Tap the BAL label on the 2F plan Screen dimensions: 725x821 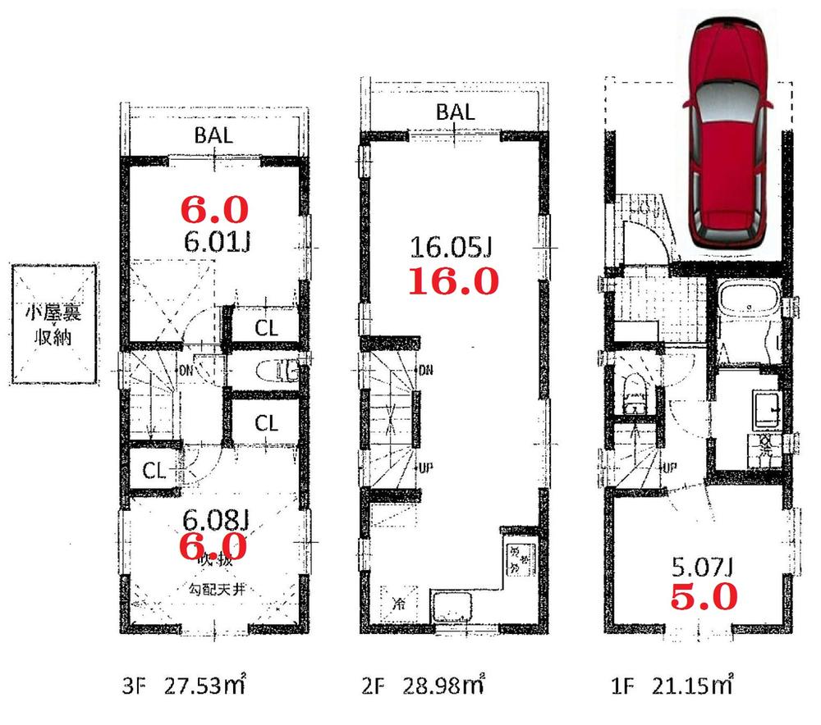tap(455, 112)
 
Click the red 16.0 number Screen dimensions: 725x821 tap(454, 282)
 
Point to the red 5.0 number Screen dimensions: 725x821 tap(704, 597)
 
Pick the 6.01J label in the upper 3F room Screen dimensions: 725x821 tap(215, 242)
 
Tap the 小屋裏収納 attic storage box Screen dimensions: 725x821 tap(52, 325)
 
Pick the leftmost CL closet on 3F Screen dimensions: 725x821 tap(154, 470)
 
